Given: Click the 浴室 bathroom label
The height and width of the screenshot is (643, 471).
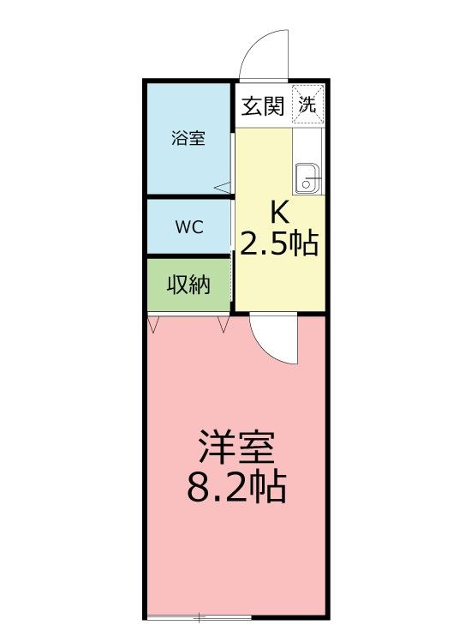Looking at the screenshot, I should pyautogui.click(x=188, y=138).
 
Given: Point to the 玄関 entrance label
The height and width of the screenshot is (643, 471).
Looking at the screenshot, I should pyautogui.click(x=263, y=106).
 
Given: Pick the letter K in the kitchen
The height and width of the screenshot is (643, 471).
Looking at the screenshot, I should pyautogui.click(x=279, y=211).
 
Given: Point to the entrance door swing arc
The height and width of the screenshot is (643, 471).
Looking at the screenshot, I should pyautogui.click(x=266, y=51).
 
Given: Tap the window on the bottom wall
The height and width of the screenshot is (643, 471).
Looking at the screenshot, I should pyautogui.click(x=199, y=616).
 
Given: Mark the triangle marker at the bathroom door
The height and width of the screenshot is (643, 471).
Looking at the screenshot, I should pyautogui.click(x=222, y=186).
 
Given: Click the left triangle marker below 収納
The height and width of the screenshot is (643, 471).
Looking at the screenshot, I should pyautogui.click(x=153, y=324).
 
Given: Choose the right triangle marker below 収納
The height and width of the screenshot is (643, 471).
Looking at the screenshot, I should pyautogui.click(x=224, y=324).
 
